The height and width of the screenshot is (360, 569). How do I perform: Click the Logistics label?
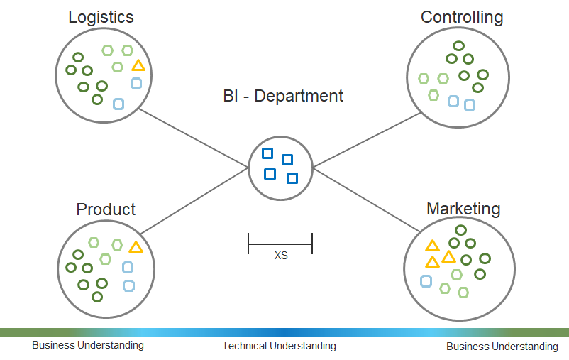tap(101, 17)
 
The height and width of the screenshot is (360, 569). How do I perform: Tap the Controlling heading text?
tap(462, 17)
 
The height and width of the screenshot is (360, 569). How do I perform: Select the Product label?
tap(106, 209)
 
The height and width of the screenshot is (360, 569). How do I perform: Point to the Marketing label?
tap(463, 209)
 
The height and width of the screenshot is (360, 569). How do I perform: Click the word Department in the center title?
tap(299, 96)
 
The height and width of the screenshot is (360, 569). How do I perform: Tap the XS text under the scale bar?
tap(281, 256)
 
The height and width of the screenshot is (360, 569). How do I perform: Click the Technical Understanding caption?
tap(279, 346)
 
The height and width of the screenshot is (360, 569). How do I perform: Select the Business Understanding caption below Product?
tap(88, 345)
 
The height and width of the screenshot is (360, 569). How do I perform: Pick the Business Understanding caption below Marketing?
tap(502, 347)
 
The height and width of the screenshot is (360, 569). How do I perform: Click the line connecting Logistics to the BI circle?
tap(194, 138)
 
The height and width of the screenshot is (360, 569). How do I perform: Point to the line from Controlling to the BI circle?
tap(367, 140)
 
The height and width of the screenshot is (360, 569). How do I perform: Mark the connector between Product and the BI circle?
tap(194, 200)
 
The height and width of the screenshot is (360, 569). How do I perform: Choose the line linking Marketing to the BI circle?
tap(367, 200)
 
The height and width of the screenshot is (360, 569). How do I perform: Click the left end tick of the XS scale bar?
tap(248, 244)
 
